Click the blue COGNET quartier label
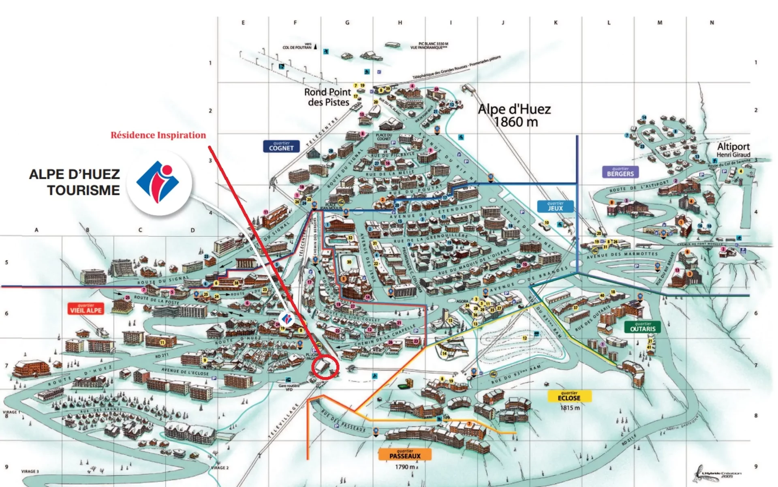tap(281, 146)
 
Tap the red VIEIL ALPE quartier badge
tap(86, 309)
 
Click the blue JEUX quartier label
tap(555, 206)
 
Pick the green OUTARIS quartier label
tap(643, 327)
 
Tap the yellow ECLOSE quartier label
tap(569, 396)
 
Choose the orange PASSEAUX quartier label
tap(405, 454)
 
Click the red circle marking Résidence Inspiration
tap(325, 367)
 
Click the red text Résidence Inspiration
tap(158, 135)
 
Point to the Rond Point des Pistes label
tap(327, 97)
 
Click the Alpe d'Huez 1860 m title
tap(515, 115)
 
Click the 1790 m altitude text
tap(405, 467)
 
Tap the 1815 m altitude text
tap(570, 408)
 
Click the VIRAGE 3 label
tap(30, 472)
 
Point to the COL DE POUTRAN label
tap(297, 47)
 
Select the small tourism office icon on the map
tap(286, 319)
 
